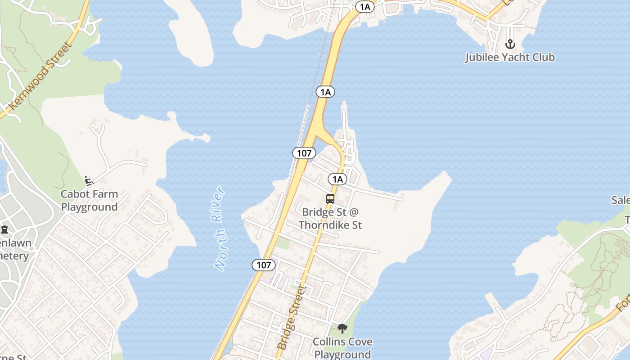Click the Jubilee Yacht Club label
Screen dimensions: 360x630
(x=509, y=57)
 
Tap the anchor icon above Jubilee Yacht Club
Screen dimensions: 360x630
(x=510, y=44)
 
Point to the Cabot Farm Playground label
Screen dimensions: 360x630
(x=89, y=201)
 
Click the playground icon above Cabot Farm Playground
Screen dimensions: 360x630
(x=89, y=181)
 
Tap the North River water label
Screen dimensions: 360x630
(x=220, y=228)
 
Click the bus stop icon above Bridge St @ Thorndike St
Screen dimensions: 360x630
(x=330, y=198)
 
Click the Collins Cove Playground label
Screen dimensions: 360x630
(x=342, y=348)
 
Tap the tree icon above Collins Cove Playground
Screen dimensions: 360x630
(x=342, y=328)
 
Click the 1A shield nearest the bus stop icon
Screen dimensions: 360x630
(x=337, y=179)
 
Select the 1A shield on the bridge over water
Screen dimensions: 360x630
(x=325, y=92)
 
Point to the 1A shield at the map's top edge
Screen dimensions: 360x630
(x=364, y=6)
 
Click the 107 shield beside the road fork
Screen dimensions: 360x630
(x=304, y=153)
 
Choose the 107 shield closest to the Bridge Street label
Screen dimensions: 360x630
(x=264, y=265)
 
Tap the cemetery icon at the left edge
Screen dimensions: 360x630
(x=4, y=229)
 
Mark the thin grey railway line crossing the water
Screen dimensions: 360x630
(x=320, y=67)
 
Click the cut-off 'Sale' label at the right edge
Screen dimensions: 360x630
(x=621, y=200)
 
